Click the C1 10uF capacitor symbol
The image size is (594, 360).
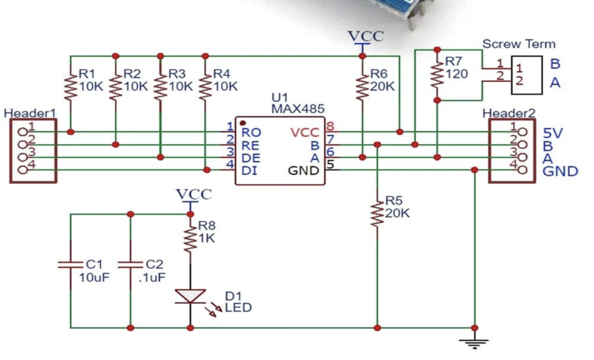70,265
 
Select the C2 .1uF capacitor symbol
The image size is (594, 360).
131,265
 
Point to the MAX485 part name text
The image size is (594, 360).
298,109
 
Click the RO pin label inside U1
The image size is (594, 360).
251,133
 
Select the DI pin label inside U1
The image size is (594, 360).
249,171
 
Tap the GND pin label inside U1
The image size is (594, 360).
303,171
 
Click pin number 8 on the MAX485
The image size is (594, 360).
330,126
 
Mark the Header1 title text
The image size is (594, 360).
30,113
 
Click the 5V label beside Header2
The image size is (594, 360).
553,133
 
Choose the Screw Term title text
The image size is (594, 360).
519,44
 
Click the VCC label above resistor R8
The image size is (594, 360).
194,194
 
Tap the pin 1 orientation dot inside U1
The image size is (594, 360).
243,123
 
